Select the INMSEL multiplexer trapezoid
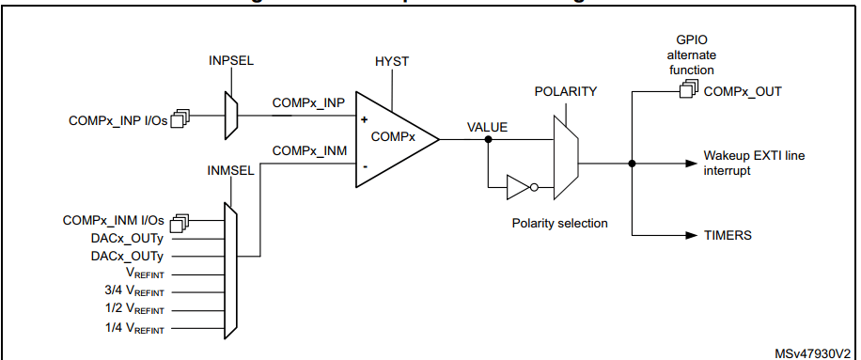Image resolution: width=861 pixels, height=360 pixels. (232, 268)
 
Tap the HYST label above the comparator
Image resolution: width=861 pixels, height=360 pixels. (392, 61)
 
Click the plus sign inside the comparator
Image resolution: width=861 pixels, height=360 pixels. (364, 120)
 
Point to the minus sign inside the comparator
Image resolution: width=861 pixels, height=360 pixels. (364, 166)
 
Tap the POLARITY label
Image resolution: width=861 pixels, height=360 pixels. (566, 92)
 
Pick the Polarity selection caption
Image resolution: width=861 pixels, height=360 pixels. (559, 224)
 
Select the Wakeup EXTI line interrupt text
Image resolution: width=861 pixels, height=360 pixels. (753, 163)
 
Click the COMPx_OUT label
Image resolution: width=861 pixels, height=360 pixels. (743, 91)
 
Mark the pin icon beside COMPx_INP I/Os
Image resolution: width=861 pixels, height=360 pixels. (180, 119)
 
